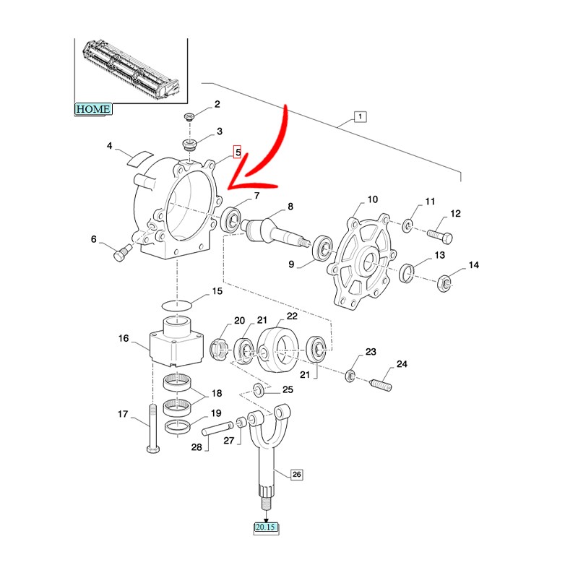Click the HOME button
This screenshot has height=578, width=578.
[93, 109]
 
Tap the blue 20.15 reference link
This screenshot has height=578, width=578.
[266, 528]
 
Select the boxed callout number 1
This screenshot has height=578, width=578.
[360, 117]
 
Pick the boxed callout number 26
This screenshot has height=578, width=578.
[296, 475]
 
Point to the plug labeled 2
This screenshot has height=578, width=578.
[191, 117]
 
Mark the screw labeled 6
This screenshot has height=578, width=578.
[121, 253]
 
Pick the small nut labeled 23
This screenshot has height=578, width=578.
[350, 374]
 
